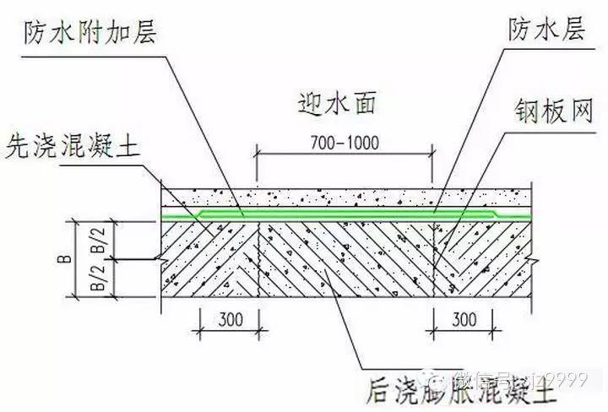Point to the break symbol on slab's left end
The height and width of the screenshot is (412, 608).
pyautogui.click(x=155, y=257)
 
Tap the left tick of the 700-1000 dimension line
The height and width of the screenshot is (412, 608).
pyautogui.click(x=257, y=154)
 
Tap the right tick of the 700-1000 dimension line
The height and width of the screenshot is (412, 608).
pyautogui.click(x=434, y=154)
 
